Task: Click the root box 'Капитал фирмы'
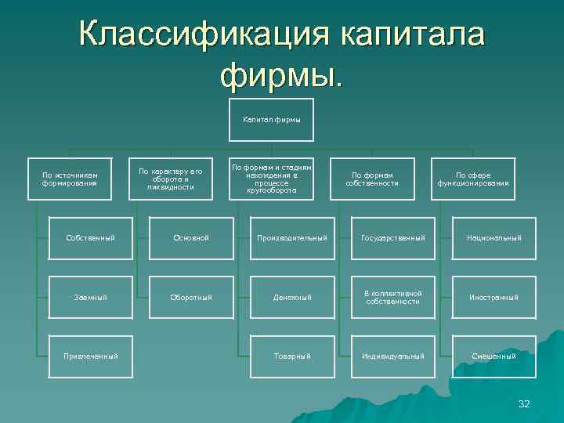click(272, 120)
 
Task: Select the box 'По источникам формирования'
click(70, 179)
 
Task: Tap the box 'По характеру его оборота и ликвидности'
click(171, 179)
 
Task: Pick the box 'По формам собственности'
click(372, 179)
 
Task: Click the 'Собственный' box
click(91, 237)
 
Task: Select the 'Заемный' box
click(91, 297)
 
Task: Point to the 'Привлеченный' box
click(91, 356)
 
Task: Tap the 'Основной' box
click(191, 237)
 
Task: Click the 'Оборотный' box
click(191, 297)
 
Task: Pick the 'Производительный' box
click(292, 237)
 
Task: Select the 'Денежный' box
click(292, 297)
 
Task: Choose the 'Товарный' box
click(292, 356)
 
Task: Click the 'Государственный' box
click(392, 237)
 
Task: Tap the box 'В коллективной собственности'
click(392, 297)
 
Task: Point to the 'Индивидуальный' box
click(392, 356)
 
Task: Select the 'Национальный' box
click(493, 237)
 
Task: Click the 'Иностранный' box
click(493, 297)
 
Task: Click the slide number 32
click(524, 404)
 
